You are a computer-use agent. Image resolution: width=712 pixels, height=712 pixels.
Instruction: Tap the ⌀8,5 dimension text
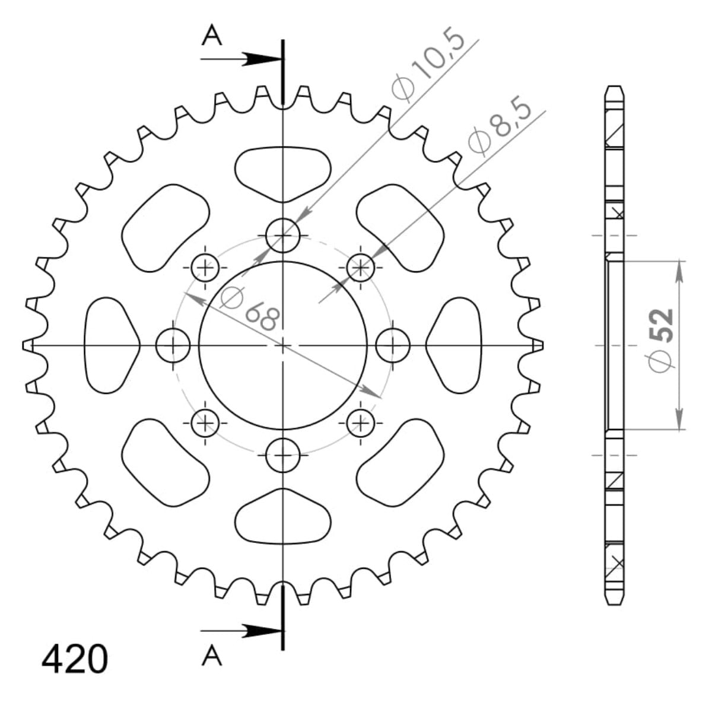[498, 129]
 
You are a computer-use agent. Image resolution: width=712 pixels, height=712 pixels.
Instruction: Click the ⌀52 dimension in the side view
[661, 339]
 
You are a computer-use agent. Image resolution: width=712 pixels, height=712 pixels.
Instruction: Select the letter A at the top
[212, 37]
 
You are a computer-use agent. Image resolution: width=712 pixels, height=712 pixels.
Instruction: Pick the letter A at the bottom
[212, 656]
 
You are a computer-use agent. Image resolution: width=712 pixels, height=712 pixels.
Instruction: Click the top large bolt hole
[283, 236]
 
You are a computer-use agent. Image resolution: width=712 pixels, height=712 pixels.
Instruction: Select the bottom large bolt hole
[283, 455]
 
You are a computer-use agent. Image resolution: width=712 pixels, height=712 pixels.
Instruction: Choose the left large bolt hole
[173, 345]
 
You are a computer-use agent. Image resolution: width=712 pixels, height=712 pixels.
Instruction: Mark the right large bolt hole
[393, 345]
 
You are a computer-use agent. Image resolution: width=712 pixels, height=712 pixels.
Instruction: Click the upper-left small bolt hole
[205, 268]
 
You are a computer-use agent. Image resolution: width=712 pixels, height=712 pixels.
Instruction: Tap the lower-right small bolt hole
[360, 422]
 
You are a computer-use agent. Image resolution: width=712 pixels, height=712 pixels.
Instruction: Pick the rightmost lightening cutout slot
[457, 345]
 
